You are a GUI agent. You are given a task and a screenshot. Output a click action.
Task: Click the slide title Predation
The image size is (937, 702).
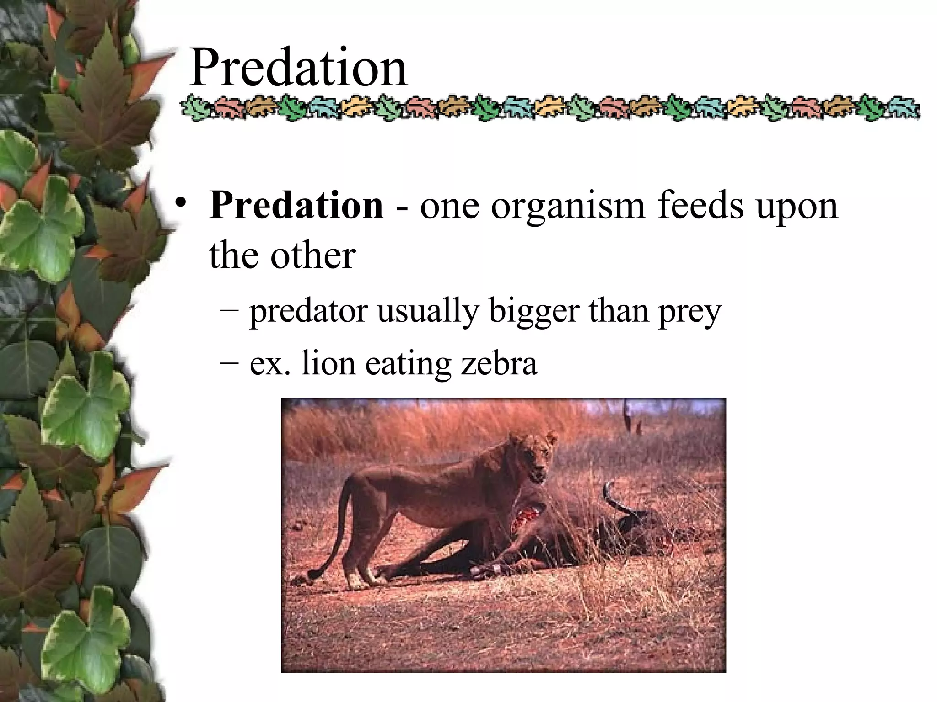298,68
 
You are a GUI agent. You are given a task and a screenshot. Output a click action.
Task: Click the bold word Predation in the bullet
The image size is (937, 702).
296,205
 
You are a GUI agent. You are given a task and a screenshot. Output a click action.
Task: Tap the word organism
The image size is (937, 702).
567,207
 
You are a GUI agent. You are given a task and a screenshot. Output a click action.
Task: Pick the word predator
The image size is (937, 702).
308,312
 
